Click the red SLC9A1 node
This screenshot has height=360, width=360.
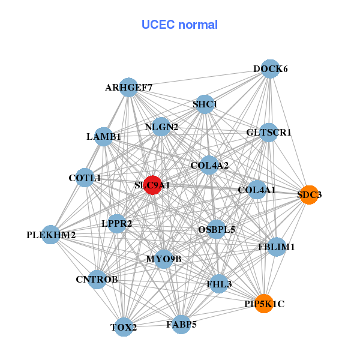152,185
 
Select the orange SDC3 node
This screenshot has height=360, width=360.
309,194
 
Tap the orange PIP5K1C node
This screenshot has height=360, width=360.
264,304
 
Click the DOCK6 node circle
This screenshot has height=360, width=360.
271,69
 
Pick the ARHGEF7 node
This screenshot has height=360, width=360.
128,88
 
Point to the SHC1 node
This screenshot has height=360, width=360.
205,104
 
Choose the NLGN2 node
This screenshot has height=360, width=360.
161,127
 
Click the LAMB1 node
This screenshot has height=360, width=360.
104,137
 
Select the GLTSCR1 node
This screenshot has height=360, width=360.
268,132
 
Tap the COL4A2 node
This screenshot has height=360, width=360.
209,165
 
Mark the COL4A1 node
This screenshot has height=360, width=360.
257,190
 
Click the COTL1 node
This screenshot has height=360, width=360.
85,178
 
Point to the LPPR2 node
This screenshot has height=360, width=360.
117,223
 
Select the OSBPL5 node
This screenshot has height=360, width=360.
217,229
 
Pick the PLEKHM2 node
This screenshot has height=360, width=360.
51,235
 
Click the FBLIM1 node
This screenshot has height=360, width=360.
276,247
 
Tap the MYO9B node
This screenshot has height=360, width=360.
163,259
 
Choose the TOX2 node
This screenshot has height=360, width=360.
124,327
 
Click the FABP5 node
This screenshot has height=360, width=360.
181,325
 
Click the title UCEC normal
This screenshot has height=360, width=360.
179,25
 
